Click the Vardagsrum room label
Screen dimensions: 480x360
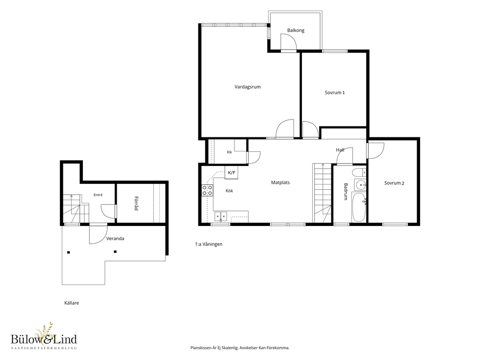pos(247,87)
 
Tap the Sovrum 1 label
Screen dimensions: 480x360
pos(335,92)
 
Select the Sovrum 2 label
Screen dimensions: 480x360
pos(394,183)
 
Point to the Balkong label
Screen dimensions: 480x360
pos(296,30)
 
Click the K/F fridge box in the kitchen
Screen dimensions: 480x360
pos(232,172)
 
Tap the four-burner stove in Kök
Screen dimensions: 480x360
pos(207,190)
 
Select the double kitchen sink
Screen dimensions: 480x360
pos(220,217)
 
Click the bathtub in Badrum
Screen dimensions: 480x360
pos(359,207)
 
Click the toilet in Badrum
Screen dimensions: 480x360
pos(359,172)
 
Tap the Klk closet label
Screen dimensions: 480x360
pos(229,152)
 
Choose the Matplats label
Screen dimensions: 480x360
pos(280,182)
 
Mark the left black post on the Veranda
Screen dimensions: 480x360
pos(68,253)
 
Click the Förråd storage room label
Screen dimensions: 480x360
pos(136,203)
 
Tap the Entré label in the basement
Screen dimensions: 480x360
pos(98,195)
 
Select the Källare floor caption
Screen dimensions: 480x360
pos(72,303)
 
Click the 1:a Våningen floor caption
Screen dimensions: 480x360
pos(209,244)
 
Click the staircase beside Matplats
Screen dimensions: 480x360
pos(322,193)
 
